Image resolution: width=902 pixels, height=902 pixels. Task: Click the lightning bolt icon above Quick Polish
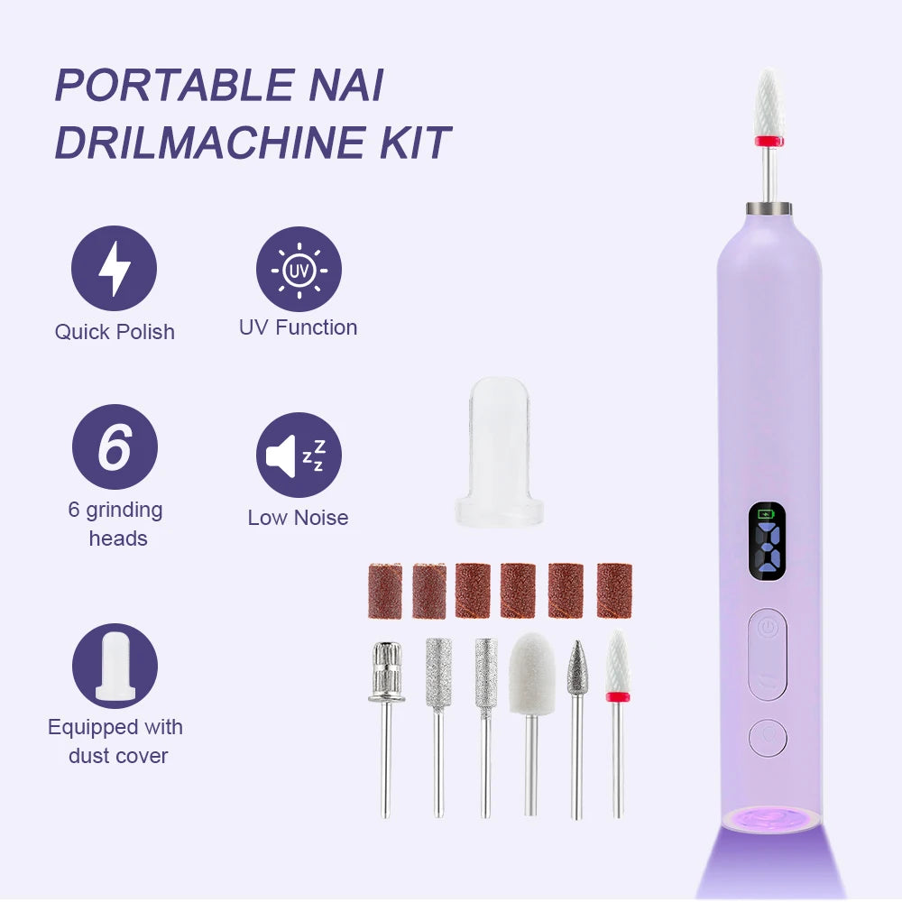coord(114,268)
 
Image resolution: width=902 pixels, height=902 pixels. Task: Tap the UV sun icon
coord(299,269)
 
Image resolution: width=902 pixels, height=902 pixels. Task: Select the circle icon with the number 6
coord(115,447)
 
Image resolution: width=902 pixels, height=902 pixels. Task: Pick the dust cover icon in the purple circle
coord(115,666)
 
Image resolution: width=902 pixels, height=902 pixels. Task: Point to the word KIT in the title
coord(415,142)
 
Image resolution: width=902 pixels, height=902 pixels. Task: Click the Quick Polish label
coord(115,332)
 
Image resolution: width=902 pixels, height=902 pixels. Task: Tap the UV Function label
coord(298,327)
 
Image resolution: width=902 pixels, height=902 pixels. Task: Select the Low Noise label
coord(298,518)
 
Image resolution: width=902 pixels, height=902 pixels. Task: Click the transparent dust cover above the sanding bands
coord(500,452)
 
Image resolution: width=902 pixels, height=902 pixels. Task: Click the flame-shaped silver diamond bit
coord(577,667)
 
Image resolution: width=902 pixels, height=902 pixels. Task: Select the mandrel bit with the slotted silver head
coord(387,672)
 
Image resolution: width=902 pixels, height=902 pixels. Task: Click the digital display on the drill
coord(767,540)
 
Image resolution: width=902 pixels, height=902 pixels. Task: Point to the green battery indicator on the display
coord(766,513)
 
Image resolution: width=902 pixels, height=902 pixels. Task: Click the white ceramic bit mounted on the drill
coord(769,107)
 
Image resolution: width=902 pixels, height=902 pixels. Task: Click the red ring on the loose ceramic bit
coord(618,697)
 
